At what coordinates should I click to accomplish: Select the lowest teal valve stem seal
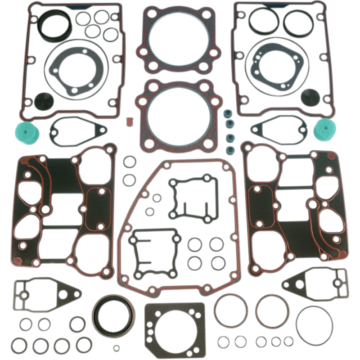pos(229,149)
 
